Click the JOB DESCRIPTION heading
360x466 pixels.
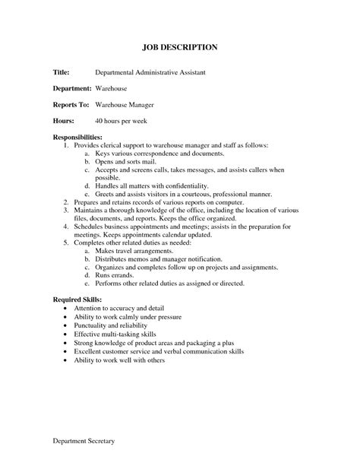pyautogui.click(x=180, y=47)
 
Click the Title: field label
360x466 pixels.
pyautogui.click(x=62, y=72)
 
